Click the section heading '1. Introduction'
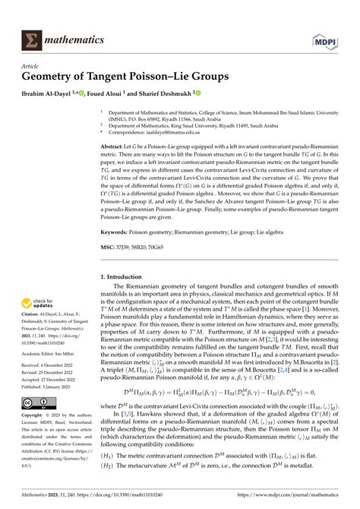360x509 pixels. click(x=127, y=277)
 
